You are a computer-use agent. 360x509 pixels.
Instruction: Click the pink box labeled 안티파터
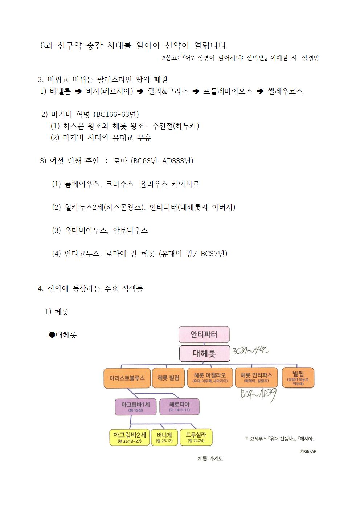pyautogui.click(x=204, y=334)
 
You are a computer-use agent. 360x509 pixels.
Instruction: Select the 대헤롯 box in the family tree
pyautogui.click(x=205, y=353)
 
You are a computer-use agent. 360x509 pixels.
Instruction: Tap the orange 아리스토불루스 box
pyautogui.click(x=127, y=378)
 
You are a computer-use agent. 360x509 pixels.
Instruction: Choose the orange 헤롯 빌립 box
pyautogui.click(x=168, y=378)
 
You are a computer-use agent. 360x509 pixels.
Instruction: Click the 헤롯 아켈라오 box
pyautogui.click(x=210, y=378)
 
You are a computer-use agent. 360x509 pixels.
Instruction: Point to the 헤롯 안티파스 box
pyautogui.click(x=256, y=377)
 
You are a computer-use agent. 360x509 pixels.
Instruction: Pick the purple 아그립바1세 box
pyautogui.click(x=136, y=407)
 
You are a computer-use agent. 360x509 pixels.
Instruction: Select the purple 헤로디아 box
pyautogui.click(x=179, y=407)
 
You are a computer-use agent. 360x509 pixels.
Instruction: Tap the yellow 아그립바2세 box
pyautogui.click(x=130, y=437)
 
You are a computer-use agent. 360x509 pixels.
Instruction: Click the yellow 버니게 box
pyautogui.click(x=164, y=437)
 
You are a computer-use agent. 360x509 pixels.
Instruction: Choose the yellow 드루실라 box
pyautogui.click(x=196, y=437)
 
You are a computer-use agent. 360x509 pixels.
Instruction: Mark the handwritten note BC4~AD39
pyautogui.click(x=259, y=395)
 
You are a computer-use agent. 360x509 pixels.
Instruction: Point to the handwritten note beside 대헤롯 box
pyautogui.click(x=250, y=351)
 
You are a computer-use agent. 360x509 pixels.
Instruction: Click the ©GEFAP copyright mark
pyautogui.click(x=308, y=451)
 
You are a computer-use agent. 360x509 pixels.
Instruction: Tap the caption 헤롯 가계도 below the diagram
pyautogui.click(x=210, y=459)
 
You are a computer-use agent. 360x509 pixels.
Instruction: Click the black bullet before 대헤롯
pyautogui.click(x=52, y=335)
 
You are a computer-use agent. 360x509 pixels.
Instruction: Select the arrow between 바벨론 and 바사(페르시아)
pyautogui.click(x=78, y=91)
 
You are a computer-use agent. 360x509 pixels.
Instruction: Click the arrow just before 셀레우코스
pyautogui.click(x=260, y=91)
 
